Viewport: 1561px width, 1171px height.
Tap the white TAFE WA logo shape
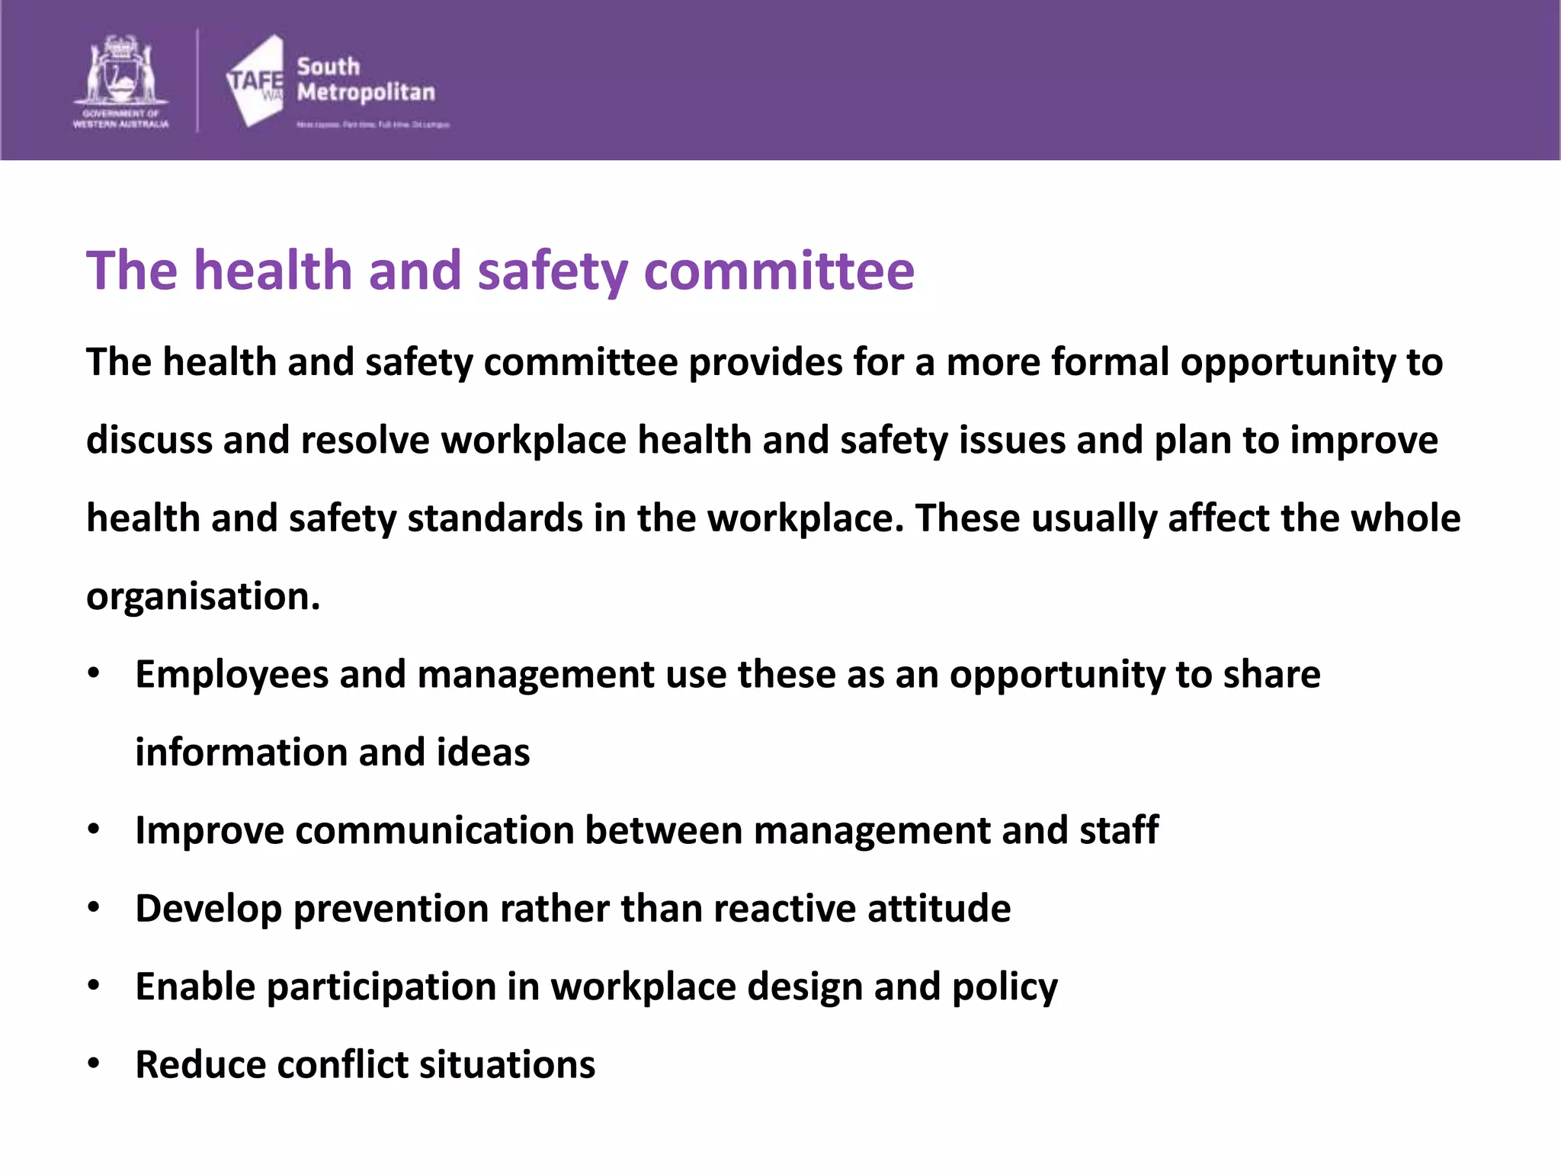pos(255,80)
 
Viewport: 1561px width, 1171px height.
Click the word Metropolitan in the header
pos(366,92)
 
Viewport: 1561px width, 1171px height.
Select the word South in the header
pos(328,66)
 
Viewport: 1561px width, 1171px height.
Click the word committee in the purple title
pos(779,271)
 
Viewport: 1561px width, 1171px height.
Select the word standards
pos(495,518)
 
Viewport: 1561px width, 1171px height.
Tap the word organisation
pos(203,597)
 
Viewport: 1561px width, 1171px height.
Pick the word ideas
pos(483,752)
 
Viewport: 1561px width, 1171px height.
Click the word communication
pos(434,830)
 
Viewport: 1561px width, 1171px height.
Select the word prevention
pos(390,909)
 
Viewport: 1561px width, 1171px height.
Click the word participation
pos(381,987)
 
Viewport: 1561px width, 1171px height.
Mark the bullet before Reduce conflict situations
pos(94,1064)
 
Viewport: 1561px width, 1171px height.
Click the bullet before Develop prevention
pos(94,907)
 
